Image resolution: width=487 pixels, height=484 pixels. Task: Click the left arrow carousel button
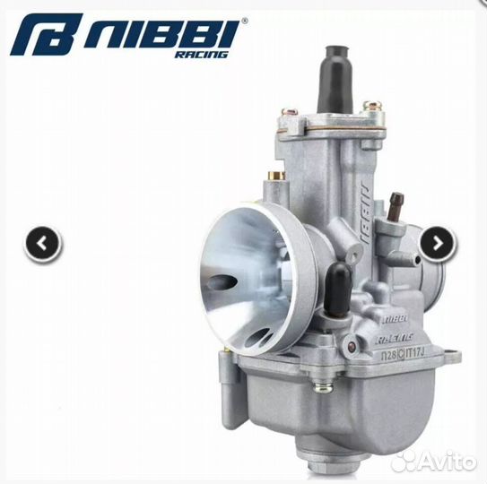click(x=42, y=243)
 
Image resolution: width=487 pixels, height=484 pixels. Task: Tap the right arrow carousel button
click(x=438, y=242)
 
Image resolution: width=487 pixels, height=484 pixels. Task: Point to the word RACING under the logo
click(x=204, y=55)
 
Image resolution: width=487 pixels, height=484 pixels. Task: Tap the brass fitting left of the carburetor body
click(x=276, y=176)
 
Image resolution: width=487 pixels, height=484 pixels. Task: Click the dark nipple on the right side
click(x=396, y=200)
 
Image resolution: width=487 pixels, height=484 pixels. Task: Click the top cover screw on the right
click(x=366, y=108)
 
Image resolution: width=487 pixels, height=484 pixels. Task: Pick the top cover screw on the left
click(x=288, y=114)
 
